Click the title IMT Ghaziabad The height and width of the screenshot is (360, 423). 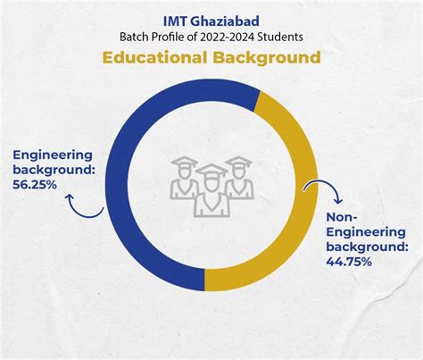pos(211,18)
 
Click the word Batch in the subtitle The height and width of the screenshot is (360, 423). pos(137,37)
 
